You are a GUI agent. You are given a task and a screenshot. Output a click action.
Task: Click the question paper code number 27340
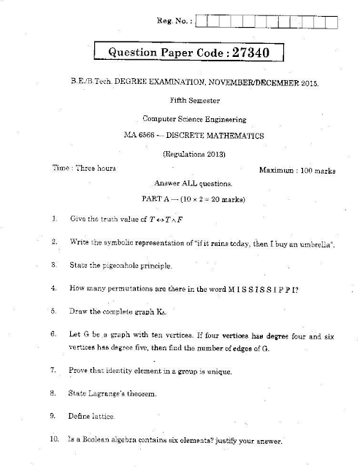(252, 53)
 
